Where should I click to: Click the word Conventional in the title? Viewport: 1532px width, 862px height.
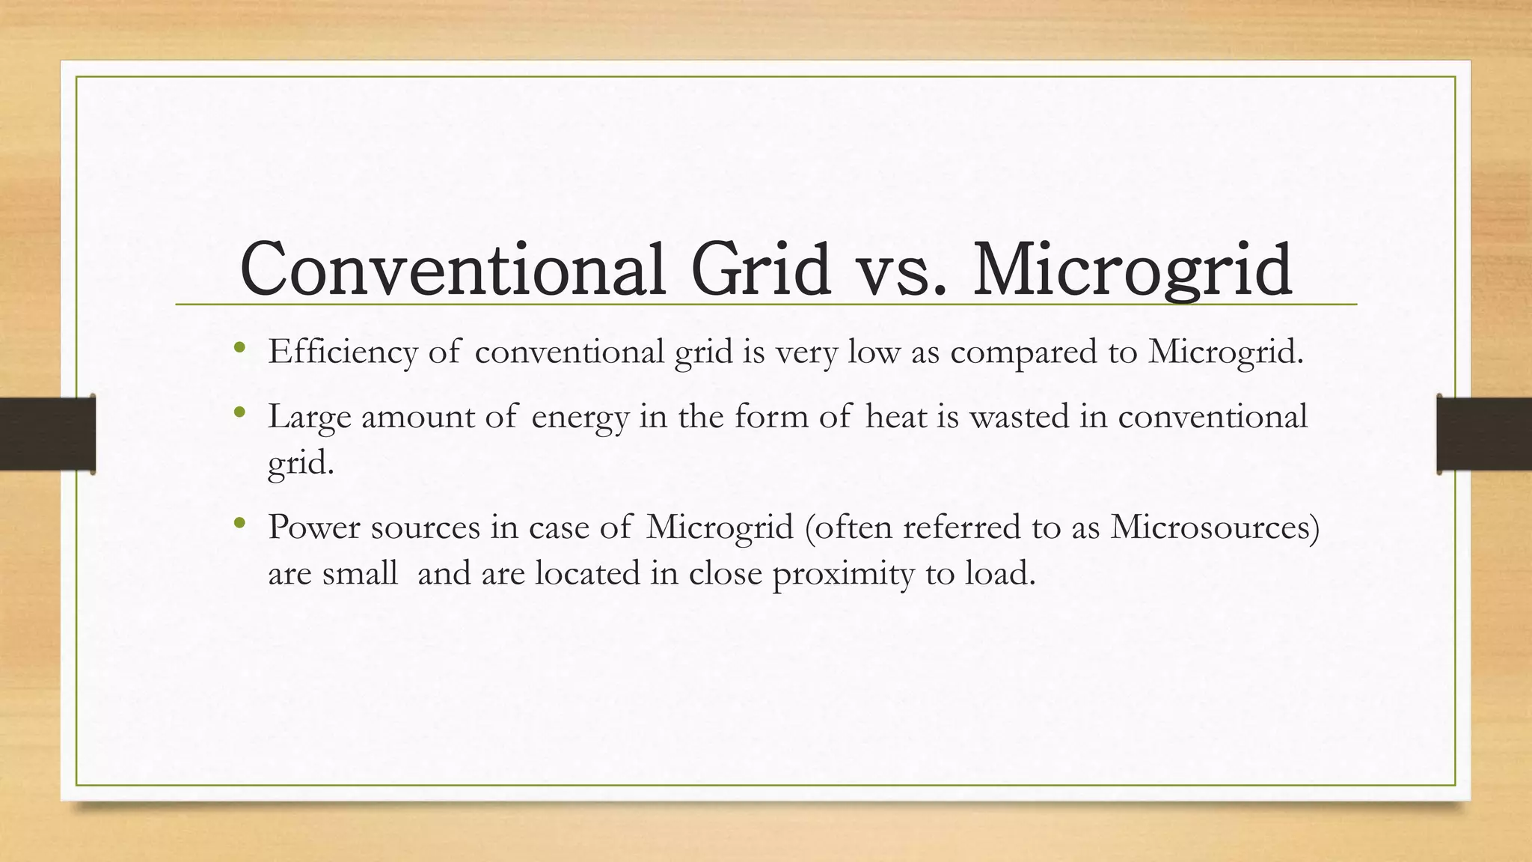pos(452,269)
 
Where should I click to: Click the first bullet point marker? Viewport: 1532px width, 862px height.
pos(239,347)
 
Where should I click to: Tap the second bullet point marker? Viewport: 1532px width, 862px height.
pos(239,412)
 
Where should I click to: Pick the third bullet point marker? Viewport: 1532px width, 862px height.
pos(239,523)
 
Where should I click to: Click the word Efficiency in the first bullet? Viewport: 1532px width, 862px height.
pos(343,352)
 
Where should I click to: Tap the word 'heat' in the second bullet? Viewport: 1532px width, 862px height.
pos(895,416)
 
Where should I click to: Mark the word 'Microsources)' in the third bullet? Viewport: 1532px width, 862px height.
pos(1215,527)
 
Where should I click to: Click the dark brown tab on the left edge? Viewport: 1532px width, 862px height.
pos(47,434)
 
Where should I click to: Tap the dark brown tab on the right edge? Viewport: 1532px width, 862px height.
pos(1484,434)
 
